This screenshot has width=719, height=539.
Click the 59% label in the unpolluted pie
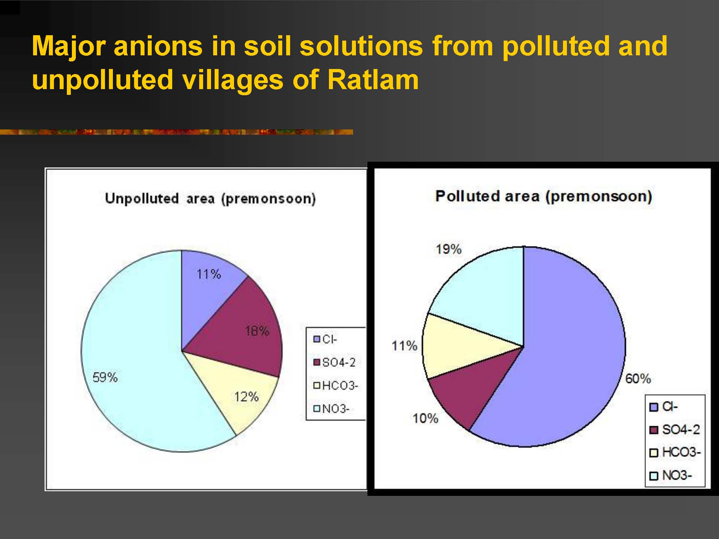coord(105,377)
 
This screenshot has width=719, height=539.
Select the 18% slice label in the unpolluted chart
coord(257,331)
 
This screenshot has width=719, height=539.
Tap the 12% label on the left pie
coord(246,397)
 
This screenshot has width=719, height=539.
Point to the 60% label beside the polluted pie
coord(638,378)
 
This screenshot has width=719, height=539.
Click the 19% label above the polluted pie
coord(449,249)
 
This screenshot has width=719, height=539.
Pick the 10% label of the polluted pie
coord(425,418)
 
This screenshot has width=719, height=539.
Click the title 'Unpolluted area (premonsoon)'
coord(210,199)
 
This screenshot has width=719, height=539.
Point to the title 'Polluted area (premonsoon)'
coord(544,197)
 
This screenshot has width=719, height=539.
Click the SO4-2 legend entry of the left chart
coord(334,362)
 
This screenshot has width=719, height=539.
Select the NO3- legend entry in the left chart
coord(331,409)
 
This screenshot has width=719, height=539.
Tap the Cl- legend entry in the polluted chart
coord(664,407)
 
